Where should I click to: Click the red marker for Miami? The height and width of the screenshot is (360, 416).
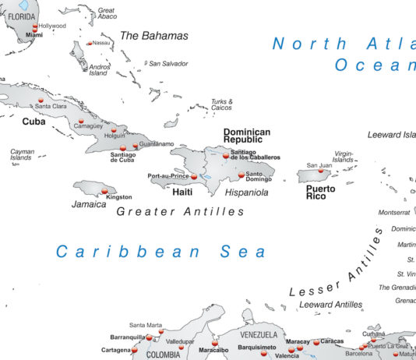pyautogui.click(x=34, y=30)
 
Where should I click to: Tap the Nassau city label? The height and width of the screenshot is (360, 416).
pyautogui.click(x=100, y=43)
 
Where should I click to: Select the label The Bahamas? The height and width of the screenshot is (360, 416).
pyautogui.click(x=153, y=36)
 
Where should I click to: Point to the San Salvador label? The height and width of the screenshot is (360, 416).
pyautogui.click(x=168, y=63)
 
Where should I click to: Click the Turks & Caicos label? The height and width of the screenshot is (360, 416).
pyautogui.click(x=222, y=104)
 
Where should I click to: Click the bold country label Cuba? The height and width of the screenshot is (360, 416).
pyautogui.click(x=33, y=122)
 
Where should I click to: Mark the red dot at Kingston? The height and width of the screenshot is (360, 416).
pyautogui.click(x=104, y=191)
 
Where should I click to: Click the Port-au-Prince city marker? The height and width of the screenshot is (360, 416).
pyautogui.click(x=194, y=177)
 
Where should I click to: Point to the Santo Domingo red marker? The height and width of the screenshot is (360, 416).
pyautogui.click(x=241, y=175)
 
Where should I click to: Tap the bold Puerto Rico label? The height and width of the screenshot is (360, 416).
pyautogui.click(x=320, y=192)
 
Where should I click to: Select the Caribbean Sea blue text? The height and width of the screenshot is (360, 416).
pyautogui.click(x=161, y=252)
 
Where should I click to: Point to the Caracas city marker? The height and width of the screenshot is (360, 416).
pyautogui.click(x=316, y=341)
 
